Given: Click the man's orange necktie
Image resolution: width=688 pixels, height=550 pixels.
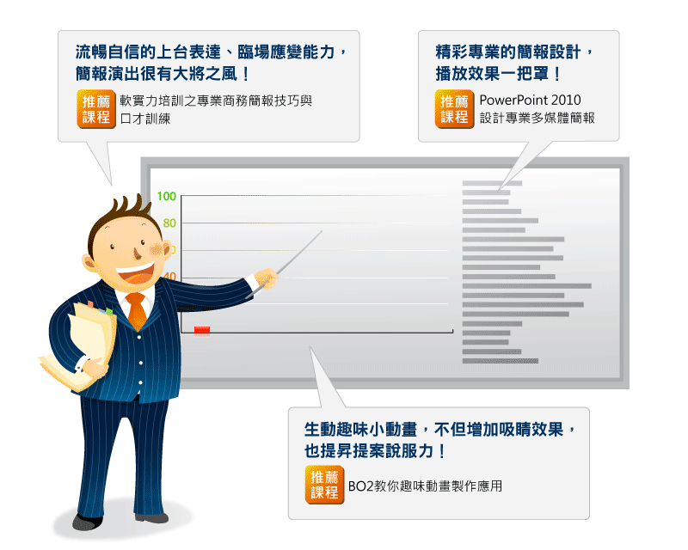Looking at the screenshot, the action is point(137,309).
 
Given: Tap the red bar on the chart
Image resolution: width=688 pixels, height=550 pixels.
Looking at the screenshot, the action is point(202,330).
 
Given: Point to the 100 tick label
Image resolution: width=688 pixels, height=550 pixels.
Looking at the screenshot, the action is point(167,196).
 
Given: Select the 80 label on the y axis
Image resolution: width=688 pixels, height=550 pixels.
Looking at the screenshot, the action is point(169,223).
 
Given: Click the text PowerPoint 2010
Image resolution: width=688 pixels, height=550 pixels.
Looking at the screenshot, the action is point(530,101).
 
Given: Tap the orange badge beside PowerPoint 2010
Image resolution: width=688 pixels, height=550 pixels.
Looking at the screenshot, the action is point(455,109).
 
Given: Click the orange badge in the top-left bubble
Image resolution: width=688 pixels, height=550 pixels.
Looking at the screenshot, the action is point(96,109).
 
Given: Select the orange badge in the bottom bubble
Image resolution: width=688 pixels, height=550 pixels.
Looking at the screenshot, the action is point(324,485).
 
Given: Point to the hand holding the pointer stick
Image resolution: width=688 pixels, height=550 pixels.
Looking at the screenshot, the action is point(267,278).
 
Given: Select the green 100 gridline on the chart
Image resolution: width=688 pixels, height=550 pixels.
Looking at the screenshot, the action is point(314,196).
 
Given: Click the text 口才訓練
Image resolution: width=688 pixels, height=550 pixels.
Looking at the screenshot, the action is point(144,119).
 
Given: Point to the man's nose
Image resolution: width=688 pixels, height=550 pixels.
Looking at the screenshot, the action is point(138,254).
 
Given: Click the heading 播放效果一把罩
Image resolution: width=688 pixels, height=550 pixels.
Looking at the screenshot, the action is point(498,74).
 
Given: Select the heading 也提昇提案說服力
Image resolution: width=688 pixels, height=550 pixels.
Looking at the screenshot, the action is point(375,451).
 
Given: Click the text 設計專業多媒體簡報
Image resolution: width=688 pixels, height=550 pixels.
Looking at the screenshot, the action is point(537,119).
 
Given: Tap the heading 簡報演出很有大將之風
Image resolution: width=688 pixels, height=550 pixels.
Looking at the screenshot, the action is point(163,74).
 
